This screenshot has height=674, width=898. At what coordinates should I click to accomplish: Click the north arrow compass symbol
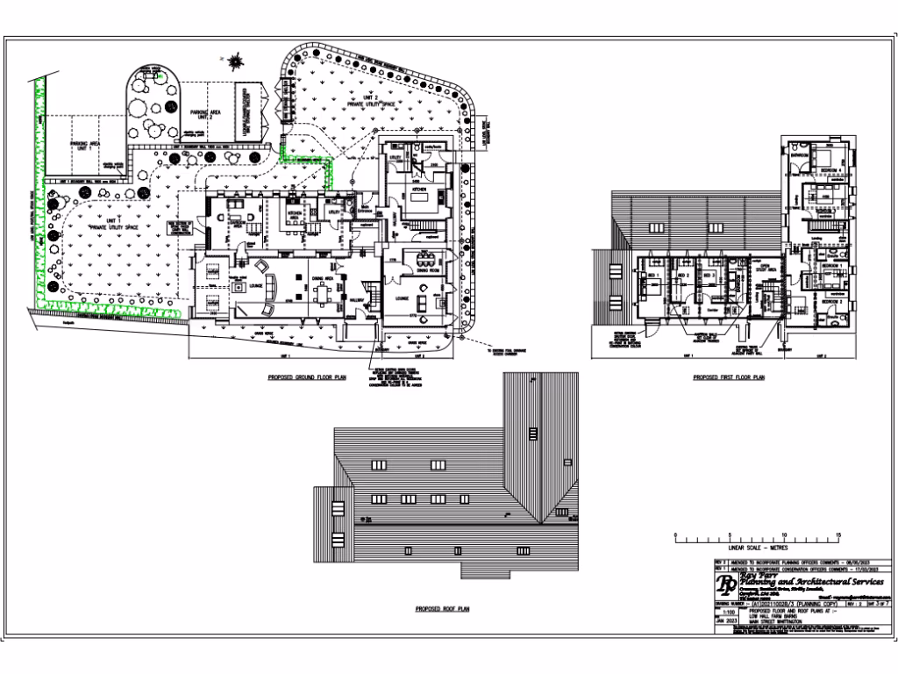(235, 61)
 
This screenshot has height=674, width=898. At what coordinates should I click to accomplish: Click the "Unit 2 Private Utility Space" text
(372, 102)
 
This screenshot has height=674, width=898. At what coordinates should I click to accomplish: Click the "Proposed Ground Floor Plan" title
(306, 376)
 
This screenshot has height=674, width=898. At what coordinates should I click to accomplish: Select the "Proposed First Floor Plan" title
(729, 377)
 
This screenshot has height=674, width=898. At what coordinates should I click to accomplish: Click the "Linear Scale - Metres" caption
(728, 546)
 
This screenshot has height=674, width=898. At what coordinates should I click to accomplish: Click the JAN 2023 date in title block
(723, 620)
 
